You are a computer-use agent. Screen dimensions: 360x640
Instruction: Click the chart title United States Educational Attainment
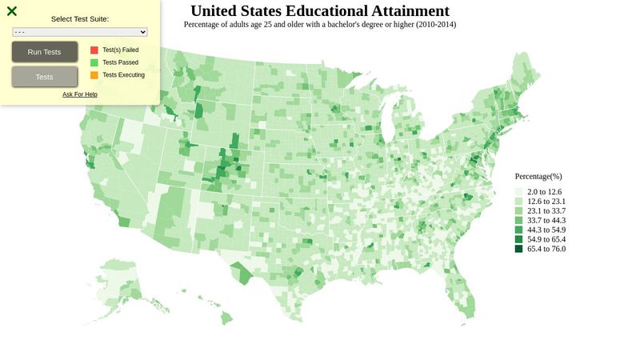point(320,11)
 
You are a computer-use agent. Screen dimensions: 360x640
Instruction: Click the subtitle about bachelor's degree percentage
point(320,25)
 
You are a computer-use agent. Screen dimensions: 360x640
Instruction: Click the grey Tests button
point(45,77)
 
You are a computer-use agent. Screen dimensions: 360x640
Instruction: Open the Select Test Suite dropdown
point(80,32)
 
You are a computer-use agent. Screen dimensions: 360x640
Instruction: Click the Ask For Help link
point(80,94)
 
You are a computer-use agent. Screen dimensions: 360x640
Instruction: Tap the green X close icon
point(12,11)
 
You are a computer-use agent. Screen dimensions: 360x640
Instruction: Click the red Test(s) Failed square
point(94,50)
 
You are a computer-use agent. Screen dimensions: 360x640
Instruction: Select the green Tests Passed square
point(94,62)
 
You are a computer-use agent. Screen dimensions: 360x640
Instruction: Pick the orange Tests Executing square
point(94,75)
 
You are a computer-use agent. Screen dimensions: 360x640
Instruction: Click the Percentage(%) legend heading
point(538,176)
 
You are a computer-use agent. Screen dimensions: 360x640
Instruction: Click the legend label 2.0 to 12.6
point(545,192)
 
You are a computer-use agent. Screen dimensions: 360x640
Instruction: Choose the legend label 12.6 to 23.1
point(546,202)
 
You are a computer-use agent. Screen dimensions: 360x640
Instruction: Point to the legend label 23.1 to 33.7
point(546,211)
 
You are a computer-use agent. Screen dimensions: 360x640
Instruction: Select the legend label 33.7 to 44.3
point(546,221)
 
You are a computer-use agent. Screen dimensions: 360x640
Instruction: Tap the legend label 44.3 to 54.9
point(546,230)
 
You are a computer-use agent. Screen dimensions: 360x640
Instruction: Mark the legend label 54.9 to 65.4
point(546,239)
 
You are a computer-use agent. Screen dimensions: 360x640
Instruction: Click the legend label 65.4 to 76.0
point(546,249)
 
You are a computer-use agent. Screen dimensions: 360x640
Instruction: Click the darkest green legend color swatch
point(518,249)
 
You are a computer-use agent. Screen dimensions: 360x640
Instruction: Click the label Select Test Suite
point(80,18)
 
